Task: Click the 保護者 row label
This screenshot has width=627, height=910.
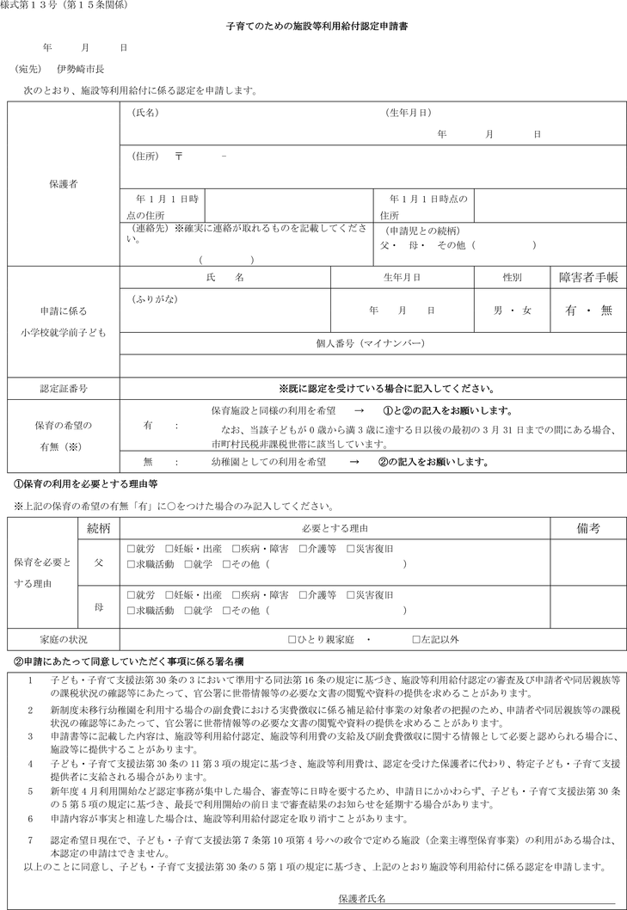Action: click(63, 184)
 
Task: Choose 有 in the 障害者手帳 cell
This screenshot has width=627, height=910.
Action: click(570, 311)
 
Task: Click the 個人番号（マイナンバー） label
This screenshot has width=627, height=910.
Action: click(371, 342)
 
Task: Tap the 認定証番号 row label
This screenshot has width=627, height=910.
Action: click(63, 389)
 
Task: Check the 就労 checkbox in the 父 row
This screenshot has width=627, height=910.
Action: click(131, 547)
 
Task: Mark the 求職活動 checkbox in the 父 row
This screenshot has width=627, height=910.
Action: click(131, 563)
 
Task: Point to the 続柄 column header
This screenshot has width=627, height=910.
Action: click(98, 526)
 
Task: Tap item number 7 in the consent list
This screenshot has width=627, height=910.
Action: click(30, 838)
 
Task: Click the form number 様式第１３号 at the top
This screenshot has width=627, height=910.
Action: click(32, 7)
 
